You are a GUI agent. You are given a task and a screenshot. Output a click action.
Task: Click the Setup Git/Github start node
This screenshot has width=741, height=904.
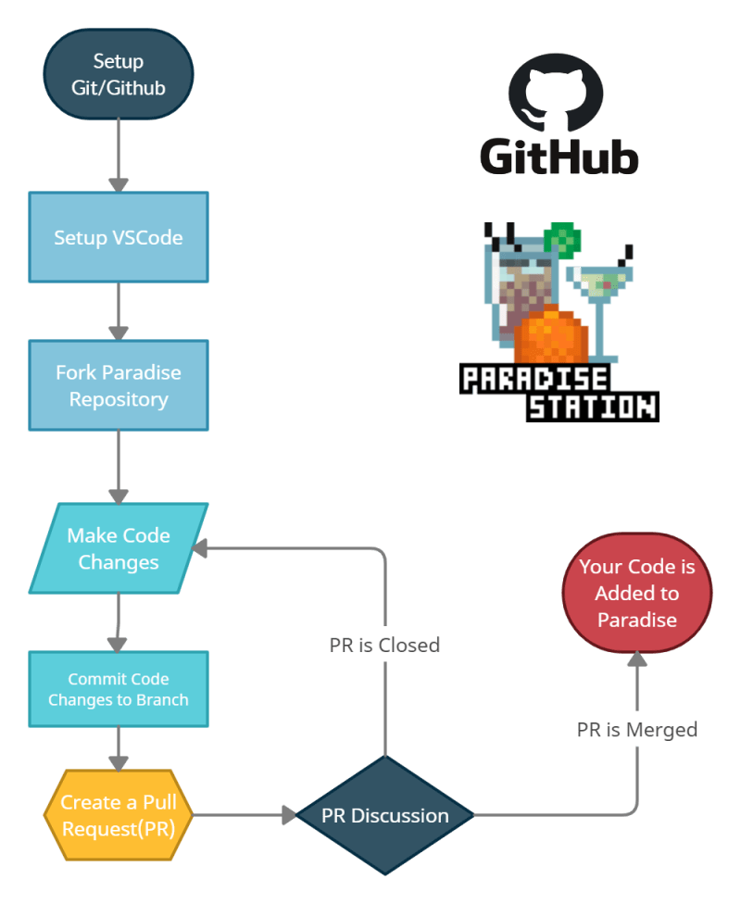pos(119,74)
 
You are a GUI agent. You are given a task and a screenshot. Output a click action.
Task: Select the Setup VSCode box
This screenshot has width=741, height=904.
pos(119,237)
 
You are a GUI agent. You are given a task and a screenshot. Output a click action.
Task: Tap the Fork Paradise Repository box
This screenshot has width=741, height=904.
pos(119,385)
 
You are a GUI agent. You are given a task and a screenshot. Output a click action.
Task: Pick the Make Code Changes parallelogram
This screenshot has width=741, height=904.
pos(119,548)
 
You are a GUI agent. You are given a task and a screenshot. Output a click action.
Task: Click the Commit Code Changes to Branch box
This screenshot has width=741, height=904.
pos(119,689)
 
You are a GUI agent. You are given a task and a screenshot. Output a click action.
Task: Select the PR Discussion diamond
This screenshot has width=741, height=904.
pos(385,816)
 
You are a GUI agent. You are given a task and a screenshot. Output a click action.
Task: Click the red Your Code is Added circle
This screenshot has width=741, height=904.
pos(637,593)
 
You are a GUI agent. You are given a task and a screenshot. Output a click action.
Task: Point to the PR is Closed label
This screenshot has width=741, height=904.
pos(384,644)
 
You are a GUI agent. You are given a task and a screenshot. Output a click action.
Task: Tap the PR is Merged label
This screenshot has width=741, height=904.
pos(637,730)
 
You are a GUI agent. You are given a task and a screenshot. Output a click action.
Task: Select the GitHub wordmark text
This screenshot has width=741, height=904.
pos(559,156)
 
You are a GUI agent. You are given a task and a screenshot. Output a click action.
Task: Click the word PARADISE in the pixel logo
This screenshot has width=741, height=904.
pos(534,378)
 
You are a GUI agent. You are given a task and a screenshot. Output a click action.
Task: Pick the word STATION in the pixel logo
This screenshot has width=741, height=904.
pos(592,406)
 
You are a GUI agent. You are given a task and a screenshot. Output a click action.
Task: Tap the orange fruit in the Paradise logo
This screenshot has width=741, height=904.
pos(551,335)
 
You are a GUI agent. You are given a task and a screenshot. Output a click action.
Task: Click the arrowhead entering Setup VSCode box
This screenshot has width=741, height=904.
pos(119,182)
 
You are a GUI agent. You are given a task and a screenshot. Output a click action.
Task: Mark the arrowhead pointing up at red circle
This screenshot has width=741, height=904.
pos(637,657)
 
